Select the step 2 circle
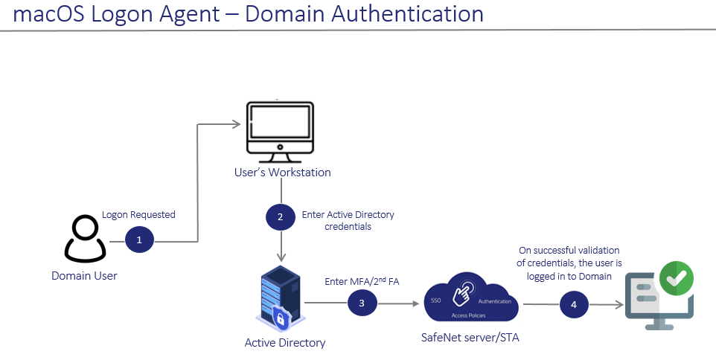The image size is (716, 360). click(280, 217)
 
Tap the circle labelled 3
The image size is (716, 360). click(362, 303)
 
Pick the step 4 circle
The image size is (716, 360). click(574, 303)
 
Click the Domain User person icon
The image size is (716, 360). click(83, 239)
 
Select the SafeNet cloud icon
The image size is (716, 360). click(470, 299)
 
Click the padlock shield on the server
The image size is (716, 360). click(281, 319)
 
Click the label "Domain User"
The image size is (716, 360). click(84, 276)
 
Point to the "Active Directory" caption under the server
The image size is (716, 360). click(285, 343)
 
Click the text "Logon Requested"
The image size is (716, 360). click(138, 215)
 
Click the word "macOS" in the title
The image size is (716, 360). click(52, 13)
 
